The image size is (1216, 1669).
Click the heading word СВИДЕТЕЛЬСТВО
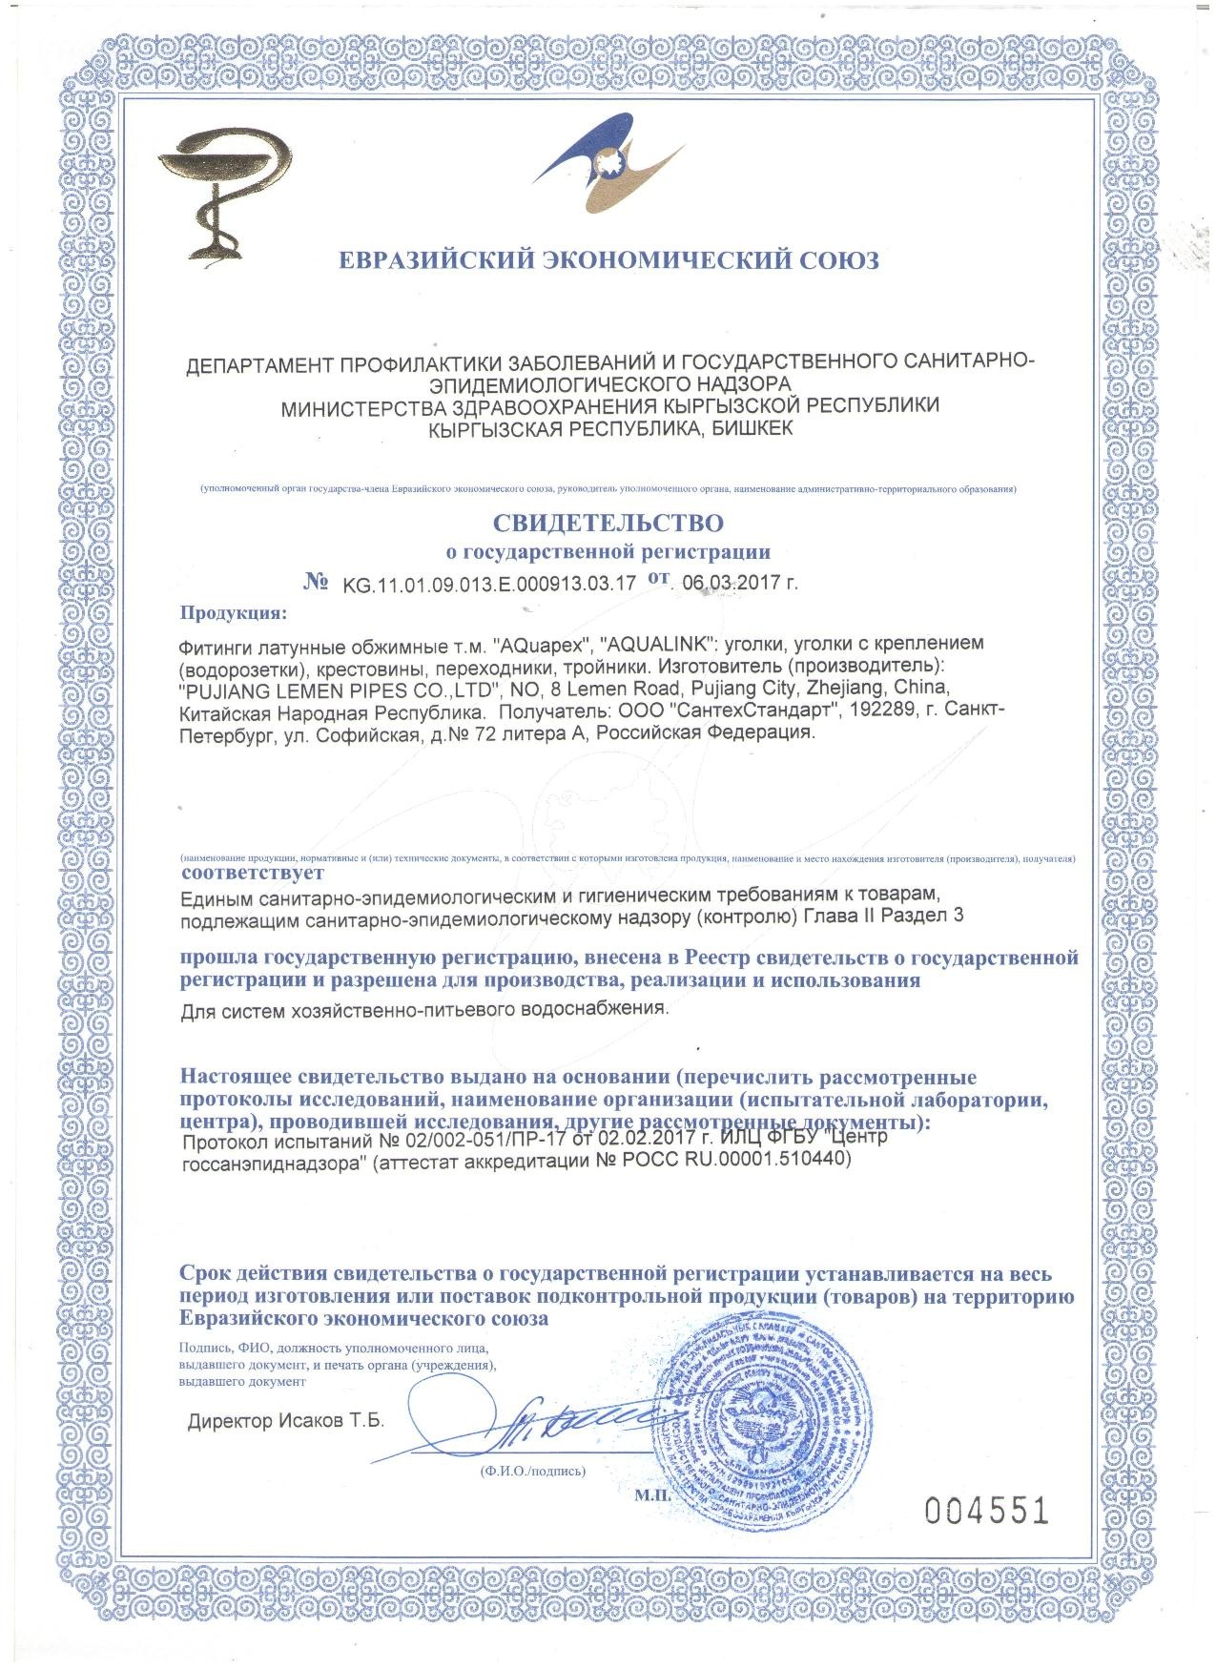(608, 523)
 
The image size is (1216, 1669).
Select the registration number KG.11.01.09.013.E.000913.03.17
(488, 584)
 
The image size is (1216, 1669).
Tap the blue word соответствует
(253, 872)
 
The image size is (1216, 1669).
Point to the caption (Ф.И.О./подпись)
(533, 1471)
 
